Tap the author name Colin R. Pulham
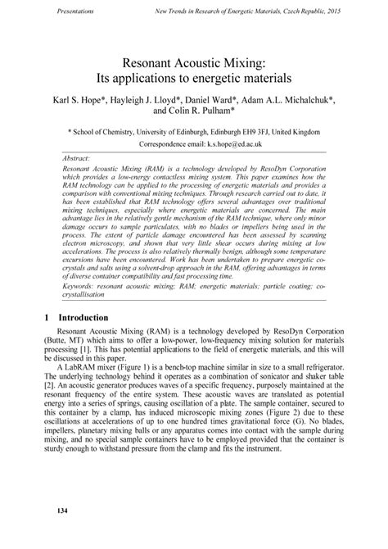pyautogui.click(x=216, y=111)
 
